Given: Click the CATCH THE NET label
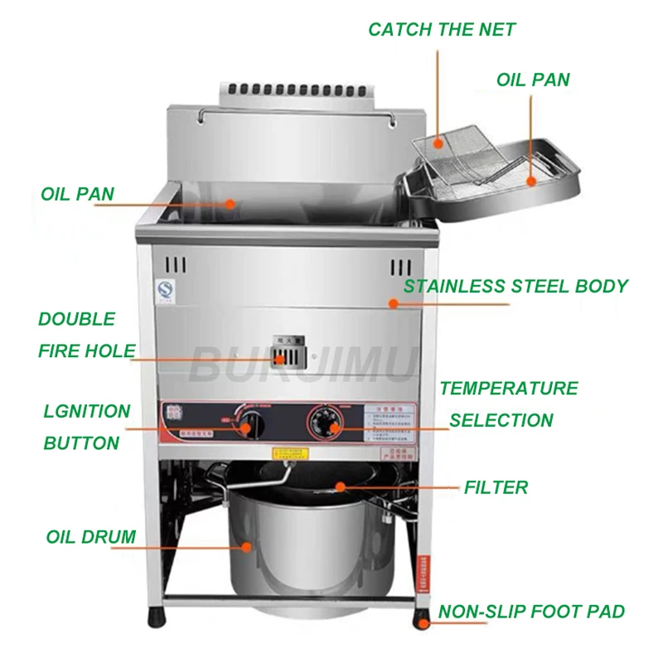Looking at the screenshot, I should click(442, 30).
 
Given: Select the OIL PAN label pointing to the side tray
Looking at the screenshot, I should click(533, 80).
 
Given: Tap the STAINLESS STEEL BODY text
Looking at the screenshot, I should click(515, 287).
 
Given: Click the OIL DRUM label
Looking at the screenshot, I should click(91, 537).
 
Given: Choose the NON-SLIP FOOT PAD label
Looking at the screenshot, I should click(531, 612).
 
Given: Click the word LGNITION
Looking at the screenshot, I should click(87, 412).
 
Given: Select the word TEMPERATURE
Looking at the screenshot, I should click(509, 389).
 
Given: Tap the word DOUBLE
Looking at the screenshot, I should click(76, 319).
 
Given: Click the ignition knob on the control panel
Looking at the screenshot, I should click(246, 427).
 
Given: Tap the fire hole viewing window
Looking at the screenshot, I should click(287, 356).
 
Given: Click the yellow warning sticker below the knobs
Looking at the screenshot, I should click(289, 452).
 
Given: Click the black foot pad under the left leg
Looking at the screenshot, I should click(157, 617).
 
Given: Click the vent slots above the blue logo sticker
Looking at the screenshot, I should click(173, 266).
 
